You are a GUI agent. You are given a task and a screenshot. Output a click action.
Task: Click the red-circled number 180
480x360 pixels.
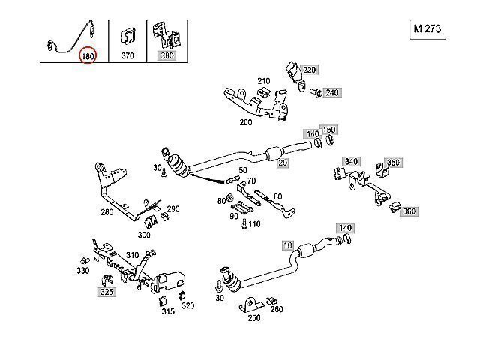pyautogui.click(x=88, y=56)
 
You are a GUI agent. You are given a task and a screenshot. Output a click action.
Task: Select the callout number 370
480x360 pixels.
pyautogui.click(x=127, y=55)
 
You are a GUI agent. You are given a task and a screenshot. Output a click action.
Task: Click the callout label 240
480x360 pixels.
pyautogui.click(x=332, y=92)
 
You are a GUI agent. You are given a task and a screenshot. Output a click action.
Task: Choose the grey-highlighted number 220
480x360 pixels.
pyautogui.click(x=310, y=70)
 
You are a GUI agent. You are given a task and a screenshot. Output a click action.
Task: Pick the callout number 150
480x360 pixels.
pyautogui.click(x=329, y=130)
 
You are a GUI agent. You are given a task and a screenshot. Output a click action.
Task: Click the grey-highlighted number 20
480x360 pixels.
pyautogui.click(x=283, y=163)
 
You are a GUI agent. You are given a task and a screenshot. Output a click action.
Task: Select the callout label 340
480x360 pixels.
pyautogui.click(x=350, y=161)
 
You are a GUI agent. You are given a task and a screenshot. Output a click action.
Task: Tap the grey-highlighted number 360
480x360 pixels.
pyautogui.click(x=409, y=211)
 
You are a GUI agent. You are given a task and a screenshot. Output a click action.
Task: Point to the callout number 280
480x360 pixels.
pyautogui.click(x=106, y=211)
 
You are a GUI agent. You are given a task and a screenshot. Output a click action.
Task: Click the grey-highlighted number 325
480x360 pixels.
pyautogui.click(x=106, y=291)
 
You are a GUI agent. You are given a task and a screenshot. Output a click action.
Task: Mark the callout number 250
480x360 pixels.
pyautogui.click(x=254, y=318)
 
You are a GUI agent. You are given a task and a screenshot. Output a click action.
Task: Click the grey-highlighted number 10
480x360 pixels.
pyautogui.click(x=287, y=245)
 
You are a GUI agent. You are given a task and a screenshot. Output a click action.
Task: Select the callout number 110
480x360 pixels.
pyautogui.click(x=254, y=223)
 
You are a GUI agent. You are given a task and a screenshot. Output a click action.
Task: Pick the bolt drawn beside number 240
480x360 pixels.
pyautogui.click(x=316, y=93)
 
